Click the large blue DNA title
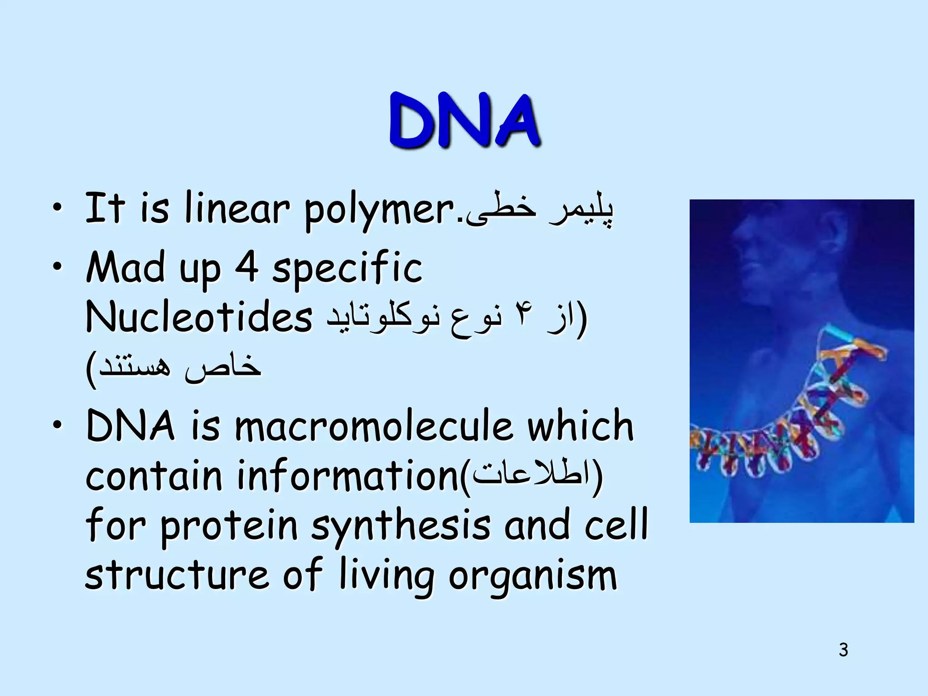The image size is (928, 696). pos(464,121)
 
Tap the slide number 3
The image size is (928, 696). pos(843,650)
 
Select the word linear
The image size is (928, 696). pos(237,208)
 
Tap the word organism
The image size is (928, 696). pos(533,576)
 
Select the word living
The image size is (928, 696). pos(387,576)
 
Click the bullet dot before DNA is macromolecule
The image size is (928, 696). pos(56,425)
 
